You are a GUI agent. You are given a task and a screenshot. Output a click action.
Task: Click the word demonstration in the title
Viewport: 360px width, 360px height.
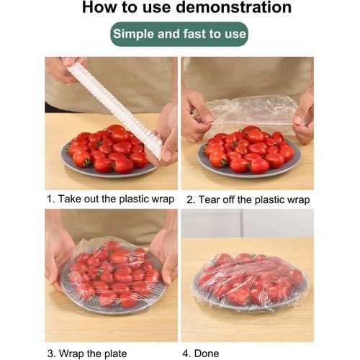pyautogui.click(x=234, y=7)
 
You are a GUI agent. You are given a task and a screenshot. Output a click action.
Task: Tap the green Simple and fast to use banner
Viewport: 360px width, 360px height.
pyautogui.click(x=179, y=34)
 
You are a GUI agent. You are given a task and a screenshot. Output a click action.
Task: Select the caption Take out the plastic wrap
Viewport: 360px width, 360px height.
pyautogui.click(x=116, y=199)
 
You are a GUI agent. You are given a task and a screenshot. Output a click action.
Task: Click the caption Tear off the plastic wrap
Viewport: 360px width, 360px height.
pyautogui.click(x=254, y=199)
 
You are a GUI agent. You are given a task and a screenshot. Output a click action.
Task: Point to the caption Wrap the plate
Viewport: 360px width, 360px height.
pyautogui.click(x=93, y=354)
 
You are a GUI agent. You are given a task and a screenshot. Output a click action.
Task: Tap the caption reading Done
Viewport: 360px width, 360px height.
pyautogui.click(x=207, y=354)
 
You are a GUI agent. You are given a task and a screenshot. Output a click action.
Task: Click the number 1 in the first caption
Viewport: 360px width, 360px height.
pyautogui.click(x=50, y=199)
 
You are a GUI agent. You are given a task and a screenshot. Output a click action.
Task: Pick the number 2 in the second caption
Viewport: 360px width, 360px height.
pyautogui.click(x=190, y=200)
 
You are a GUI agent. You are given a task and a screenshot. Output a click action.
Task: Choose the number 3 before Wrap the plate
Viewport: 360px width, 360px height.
pyautogui.click(x=51, y=354)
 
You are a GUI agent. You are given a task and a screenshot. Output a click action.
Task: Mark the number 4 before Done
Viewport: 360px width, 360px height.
pyautogui.click(x=186, y=354)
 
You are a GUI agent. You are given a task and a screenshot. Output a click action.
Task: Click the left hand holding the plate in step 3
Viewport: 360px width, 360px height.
pyautogui.click(x=58, y=258)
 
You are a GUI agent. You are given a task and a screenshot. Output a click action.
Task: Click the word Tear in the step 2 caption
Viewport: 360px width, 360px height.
pyautogui.click(x=210, y=199)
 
